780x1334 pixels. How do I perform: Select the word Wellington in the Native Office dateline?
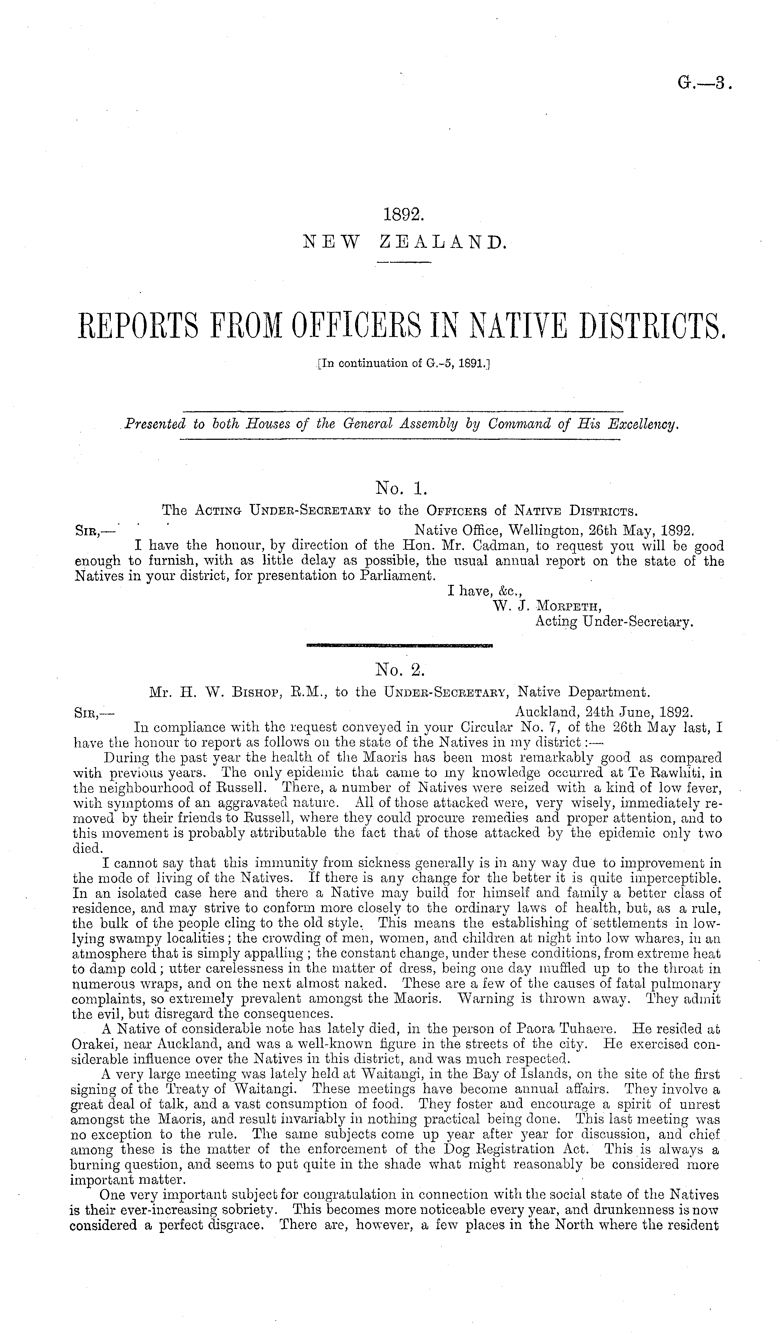tap(530, 530)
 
